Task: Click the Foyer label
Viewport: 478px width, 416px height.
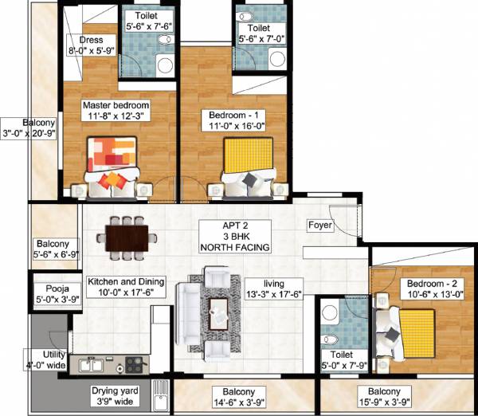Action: point(320,226)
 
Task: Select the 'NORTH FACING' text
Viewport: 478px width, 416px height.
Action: point(235,248)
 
